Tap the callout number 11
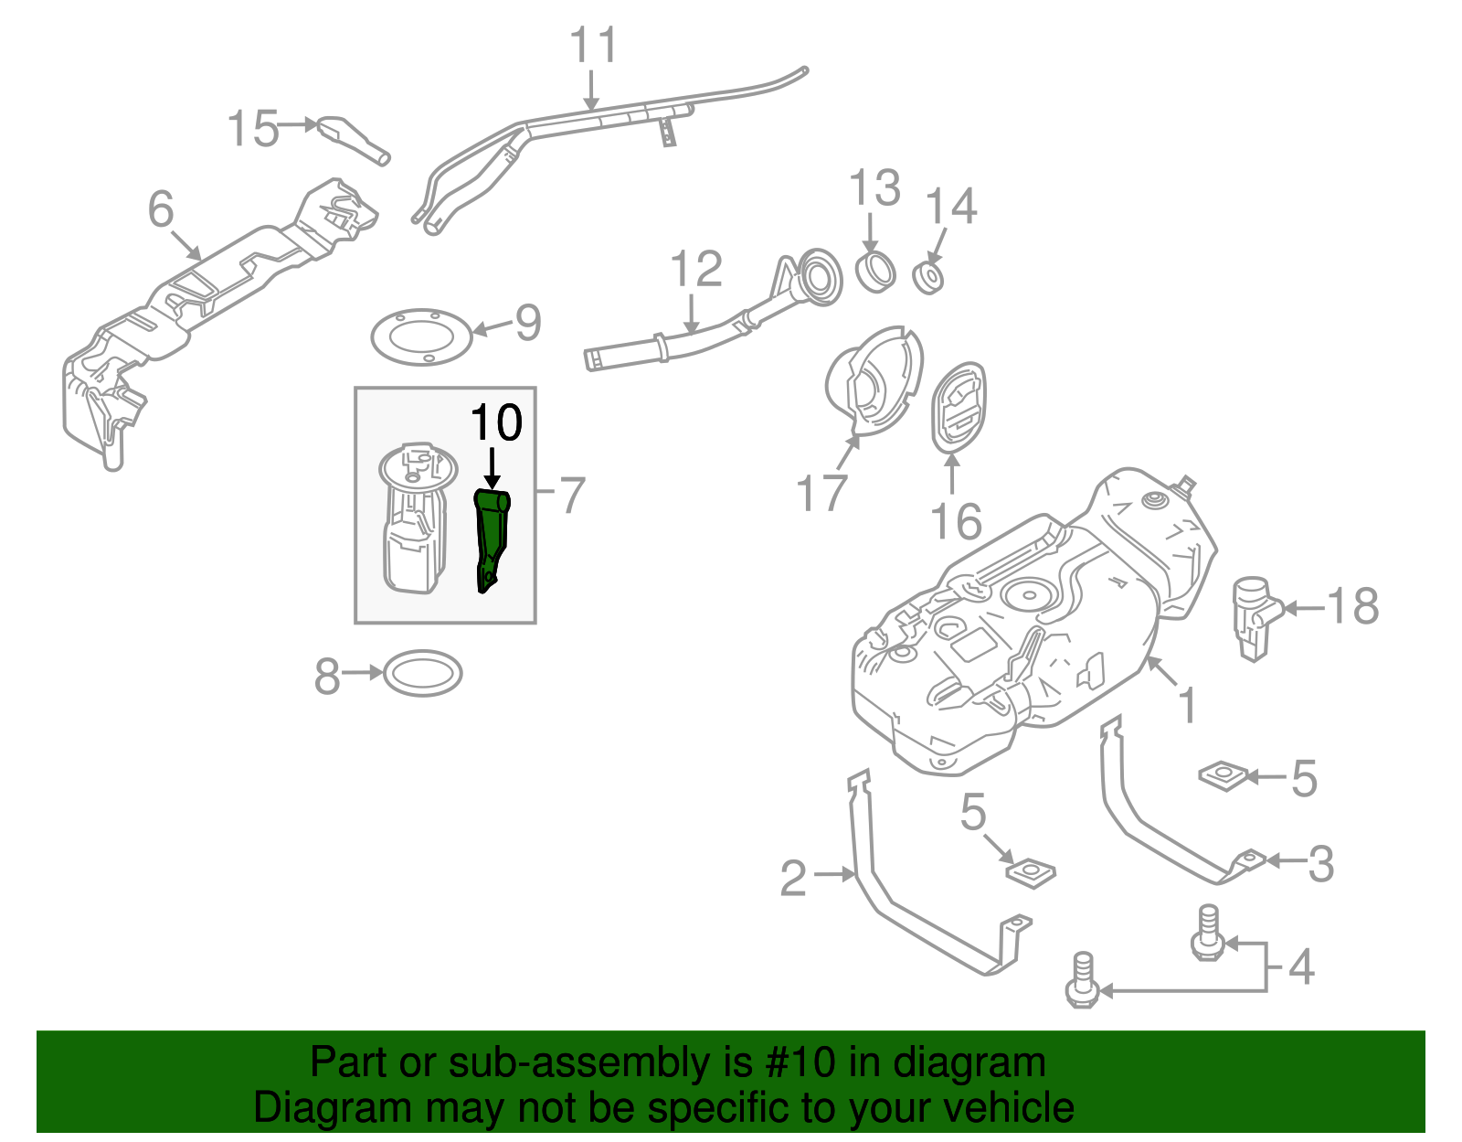point(593,45)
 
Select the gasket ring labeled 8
point(422,675)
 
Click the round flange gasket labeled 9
point(421,337)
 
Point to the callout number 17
point(822,494)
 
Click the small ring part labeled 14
point(929,277)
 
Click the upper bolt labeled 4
point(1206,933)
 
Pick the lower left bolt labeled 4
point(1082,981)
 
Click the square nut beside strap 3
point(1224,775)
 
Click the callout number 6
point(161,209)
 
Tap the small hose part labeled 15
point(352,139)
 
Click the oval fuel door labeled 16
point(958,407)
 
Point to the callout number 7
point(571,496)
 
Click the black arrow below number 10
point(493,467)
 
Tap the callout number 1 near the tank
point(1187,706)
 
